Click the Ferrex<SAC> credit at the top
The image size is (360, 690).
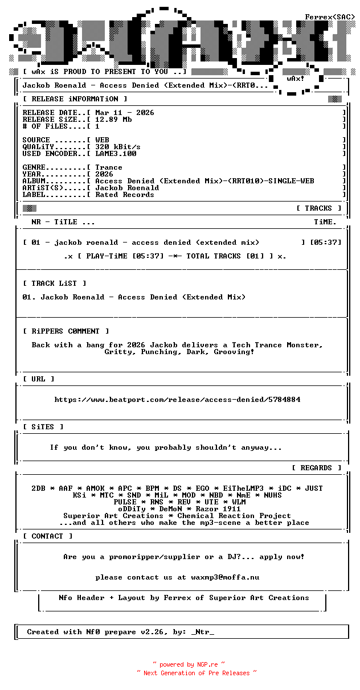pos(330,17)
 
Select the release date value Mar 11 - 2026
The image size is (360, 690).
pos(125,113)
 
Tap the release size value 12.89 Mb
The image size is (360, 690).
pos(113,120)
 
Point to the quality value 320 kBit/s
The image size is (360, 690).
pos(118,147)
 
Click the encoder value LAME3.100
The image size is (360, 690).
pos(116,154)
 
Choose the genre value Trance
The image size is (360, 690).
pos(109,167)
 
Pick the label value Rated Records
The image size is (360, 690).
pos(125,195)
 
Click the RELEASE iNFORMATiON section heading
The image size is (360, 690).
pos(75,99)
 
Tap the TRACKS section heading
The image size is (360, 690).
pos(318,208)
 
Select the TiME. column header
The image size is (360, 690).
pos(325,222)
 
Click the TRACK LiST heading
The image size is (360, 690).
pos(55,284)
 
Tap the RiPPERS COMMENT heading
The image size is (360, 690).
pos(66,331)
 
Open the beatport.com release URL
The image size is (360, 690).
pos(177,400)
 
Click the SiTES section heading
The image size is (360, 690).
pos(43,427)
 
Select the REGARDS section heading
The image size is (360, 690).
pos(316,468)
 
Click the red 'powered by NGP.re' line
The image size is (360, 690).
pos(189,664)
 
